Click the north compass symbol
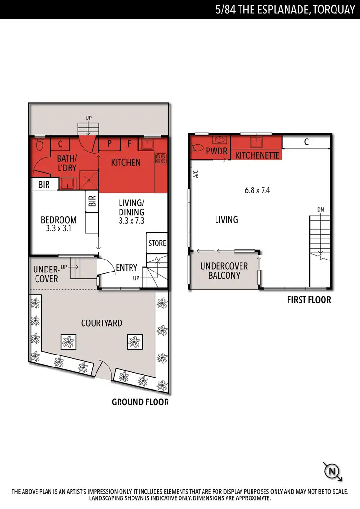point(331,472)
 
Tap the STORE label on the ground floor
point(156,243)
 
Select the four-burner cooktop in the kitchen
point(160,160)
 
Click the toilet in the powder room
point(197,145)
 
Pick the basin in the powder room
point(219,141)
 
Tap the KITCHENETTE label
point(256,155)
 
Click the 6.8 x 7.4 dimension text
point(257,190)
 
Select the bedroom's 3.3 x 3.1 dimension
point(59,229)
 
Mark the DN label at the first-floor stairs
point(320,210)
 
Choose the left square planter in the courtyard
point(68,342)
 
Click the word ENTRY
point(127,267)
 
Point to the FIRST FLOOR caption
point(309,300)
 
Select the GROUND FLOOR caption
point(140,402)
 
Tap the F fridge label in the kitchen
point(129,143)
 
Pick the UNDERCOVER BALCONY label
point(224,271)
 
